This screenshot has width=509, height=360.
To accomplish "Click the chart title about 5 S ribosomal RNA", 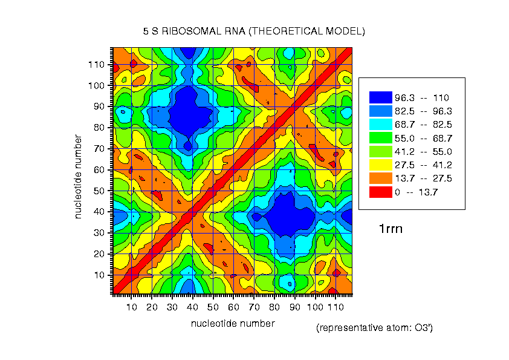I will pyautogui.click(x=254, y=31).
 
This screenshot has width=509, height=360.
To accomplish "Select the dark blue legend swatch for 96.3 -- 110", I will pyautogui.click(x=381, y=97).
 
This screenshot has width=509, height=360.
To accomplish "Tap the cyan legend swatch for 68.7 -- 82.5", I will pyautogui.click(x=381, y=124).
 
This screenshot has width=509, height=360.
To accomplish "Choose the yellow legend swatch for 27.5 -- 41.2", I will pyautogui.click(x=381, y=165).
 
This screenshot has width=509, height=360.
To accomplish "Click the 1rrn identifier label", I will pyautogui.click(x=391, y=229).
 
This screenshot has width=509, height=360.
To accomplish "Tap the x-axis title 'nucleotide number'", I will pyautogui.click(x=233, y=323).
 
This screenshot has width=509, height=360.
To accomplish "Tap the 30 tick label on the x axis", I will pyautogui.click(x=172, y=307).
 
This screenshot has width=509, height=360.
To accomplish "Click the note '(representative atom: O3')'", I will pyautogui.click(x=374, y=328).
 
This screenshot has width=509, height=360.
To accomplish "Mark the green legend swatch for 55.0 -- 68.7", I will pyautogui.click(x=381, y=138).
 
